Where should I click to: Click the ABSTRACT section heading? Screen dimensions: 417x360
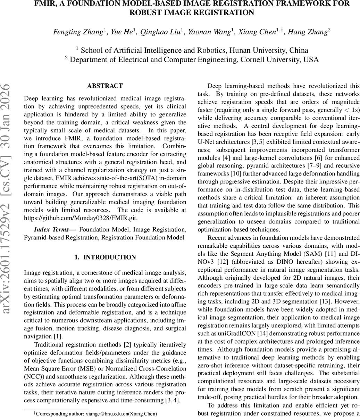coord(105,86)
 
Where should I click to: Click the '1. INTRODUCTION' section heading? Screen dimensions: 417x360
coord(105,257)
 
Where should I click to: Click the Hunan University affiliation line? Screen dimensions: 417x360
coord(192,50)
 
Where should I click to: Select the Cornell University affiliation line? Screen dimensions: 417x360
coord(192,59)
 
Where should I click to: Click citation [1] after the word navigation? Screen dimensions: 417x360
coord(58,336)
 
